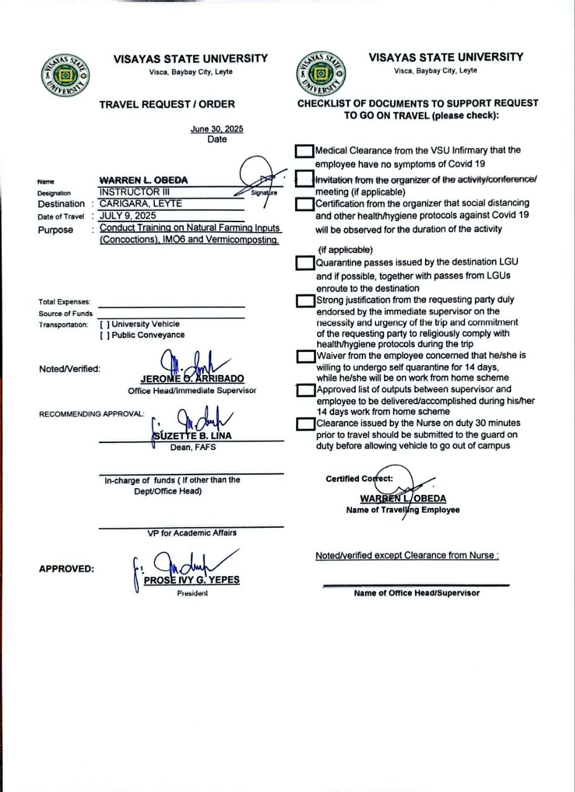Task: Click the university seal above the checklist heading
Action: tap(321, 73)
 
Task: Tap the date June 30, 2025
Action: tap(217, 129)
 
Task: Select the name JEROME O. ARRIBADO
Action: tap(192, 379)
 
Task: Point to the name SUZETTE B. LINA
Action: tap(192, 436)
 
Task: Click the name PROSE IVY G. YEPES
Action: tap(191, 580)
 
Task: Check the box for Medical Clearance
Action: tap(304, 150)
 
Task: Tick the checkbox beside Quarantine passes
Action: tap(304, 263)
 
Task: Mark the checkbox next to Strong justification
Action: tap(305, 301)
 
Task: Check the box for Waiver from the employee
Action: tap(305, 356)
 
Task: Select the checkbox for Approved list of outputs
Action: tap(305, 390)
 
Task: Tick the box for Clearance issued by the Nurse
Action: tap(305, 424)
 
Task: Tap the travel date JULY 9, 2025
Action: tap(128, 216)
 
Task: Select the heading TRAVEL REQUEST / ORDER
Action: tap(167, 105)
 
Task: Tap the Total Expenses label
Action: tap(64, 302)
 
